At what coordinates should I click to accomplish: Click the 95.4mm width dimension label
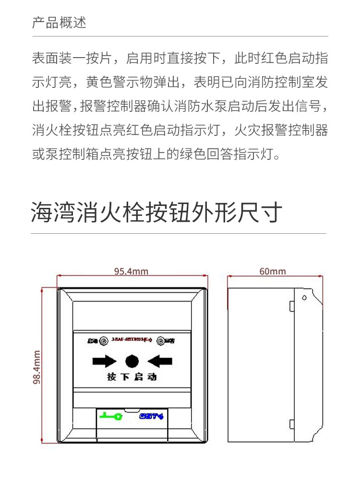(131, 271)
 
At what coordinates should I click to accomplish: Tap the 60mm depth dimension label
(273, 271)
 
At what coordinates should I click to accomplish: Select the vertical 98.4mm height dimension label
(37, 367)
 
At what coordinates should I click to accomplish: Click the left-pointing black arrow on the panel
(159, 361)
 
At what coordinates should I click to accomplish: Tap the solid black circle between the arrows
(132, 361)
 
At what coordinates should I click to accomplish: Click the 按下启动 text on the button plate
(132, 377)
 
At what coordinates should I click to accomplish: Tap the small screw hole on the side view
(304, 298)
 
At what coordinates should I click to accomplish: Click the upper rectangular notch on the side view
(292, 306)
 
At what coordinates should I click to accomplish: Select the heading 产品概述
(59, 23)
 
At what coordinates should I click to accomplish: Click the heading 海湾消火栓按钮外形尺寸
(156, 213)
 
